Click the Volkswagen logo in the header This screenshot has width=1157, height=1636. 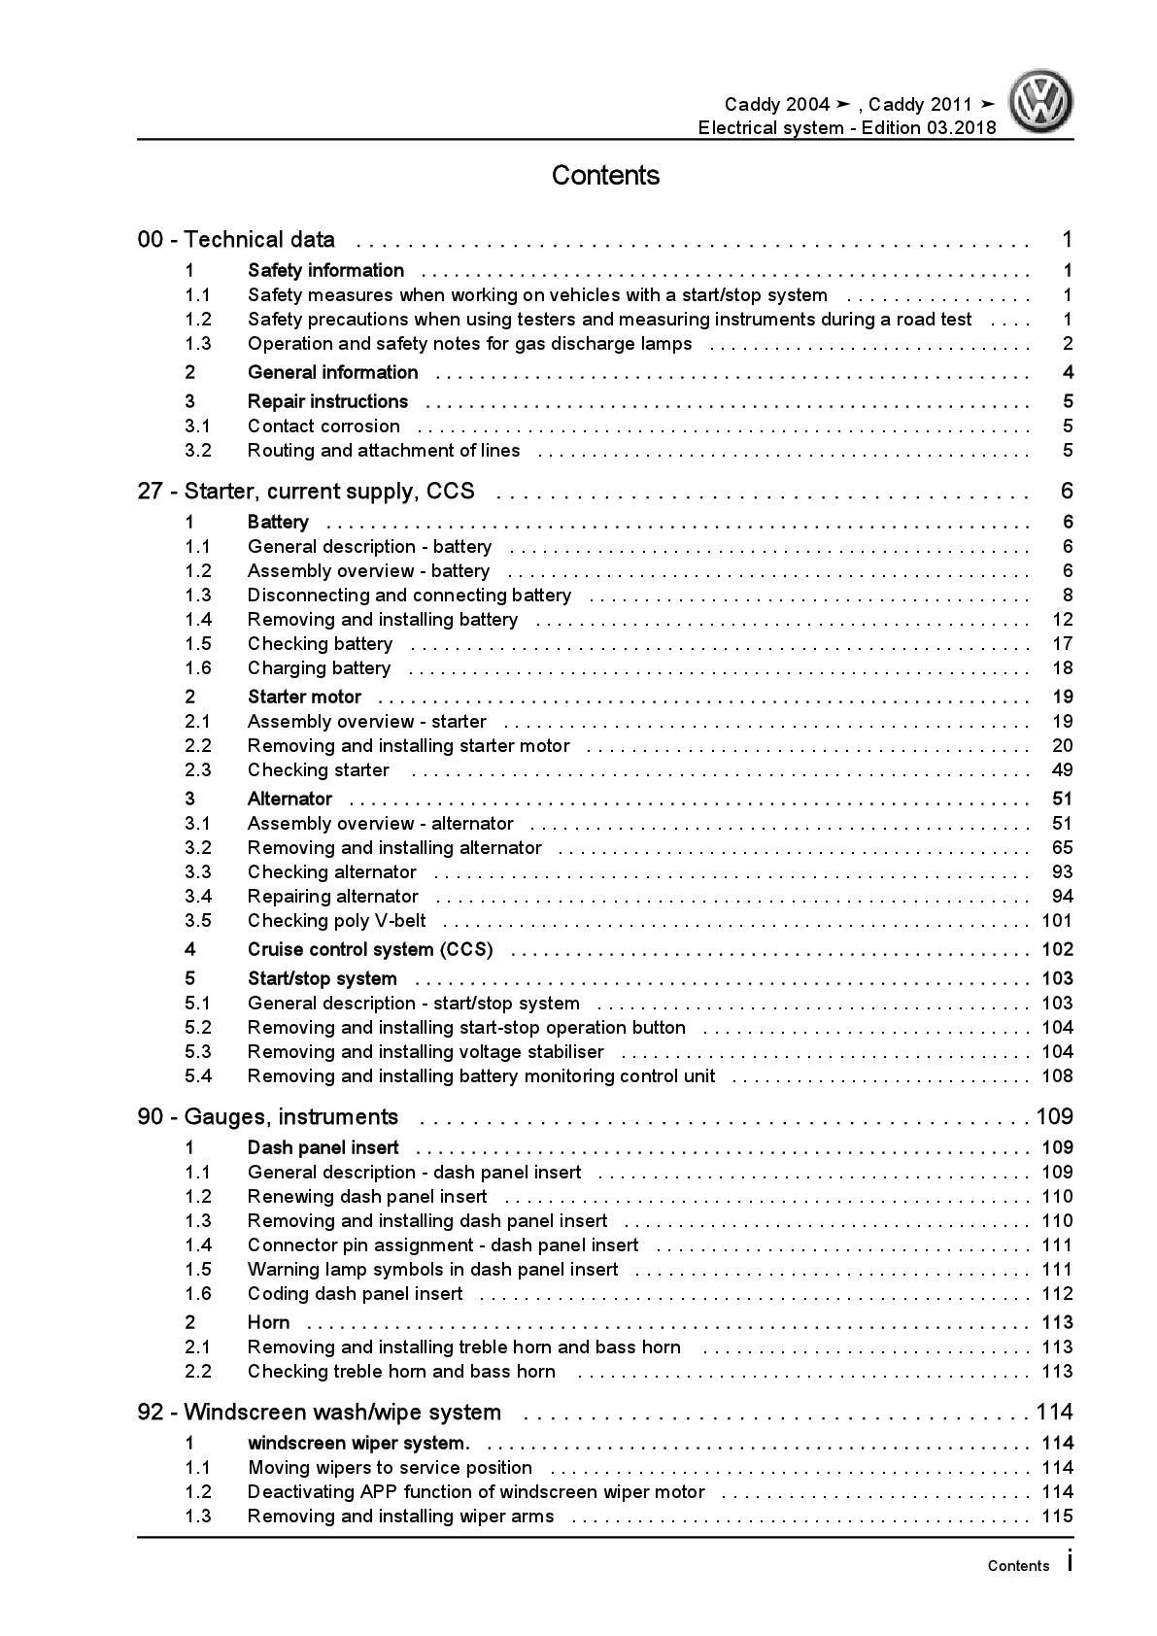1040,103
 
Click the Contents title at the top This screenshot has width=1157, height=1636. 605,176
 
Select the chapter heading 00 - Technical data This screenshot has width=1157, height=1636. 236,240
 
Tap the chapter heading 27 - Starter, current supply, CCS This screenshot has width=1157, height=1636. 306,492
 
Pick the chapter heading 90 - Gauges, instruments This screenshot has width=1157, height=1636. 267,1117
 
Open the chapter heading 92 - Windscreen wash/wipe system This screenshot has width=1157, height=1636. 319,1413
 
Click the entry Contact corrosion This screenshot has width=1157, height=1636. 323,426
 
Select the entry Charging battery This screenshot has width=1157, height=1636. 319,668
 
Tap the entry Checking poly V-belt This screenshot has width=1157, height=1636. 336,921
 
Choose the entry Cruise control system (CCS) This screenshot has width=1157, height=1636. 370,950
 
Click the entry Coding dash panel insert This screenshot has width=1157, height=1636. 355,1294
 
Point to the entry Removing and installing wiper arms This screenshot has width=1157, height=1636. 400,1517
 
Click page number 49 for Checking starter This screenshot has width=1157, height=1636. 1062,770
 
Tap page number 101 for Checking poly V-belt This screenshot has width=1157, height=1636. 1056,921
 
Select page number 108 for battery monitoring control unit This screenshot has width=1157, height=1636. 1056,1076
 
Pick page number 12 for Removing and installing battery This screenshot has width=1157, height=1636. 1062,620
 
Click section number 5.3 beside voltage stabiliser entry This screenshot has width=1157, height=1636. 198,1052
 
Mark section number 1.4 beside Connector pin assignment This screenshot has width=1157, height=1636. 198,1245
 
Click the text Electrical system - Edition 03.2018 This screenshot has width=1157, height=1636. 846,128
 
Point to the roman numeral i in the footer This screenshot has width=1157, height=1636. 1070,1562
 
